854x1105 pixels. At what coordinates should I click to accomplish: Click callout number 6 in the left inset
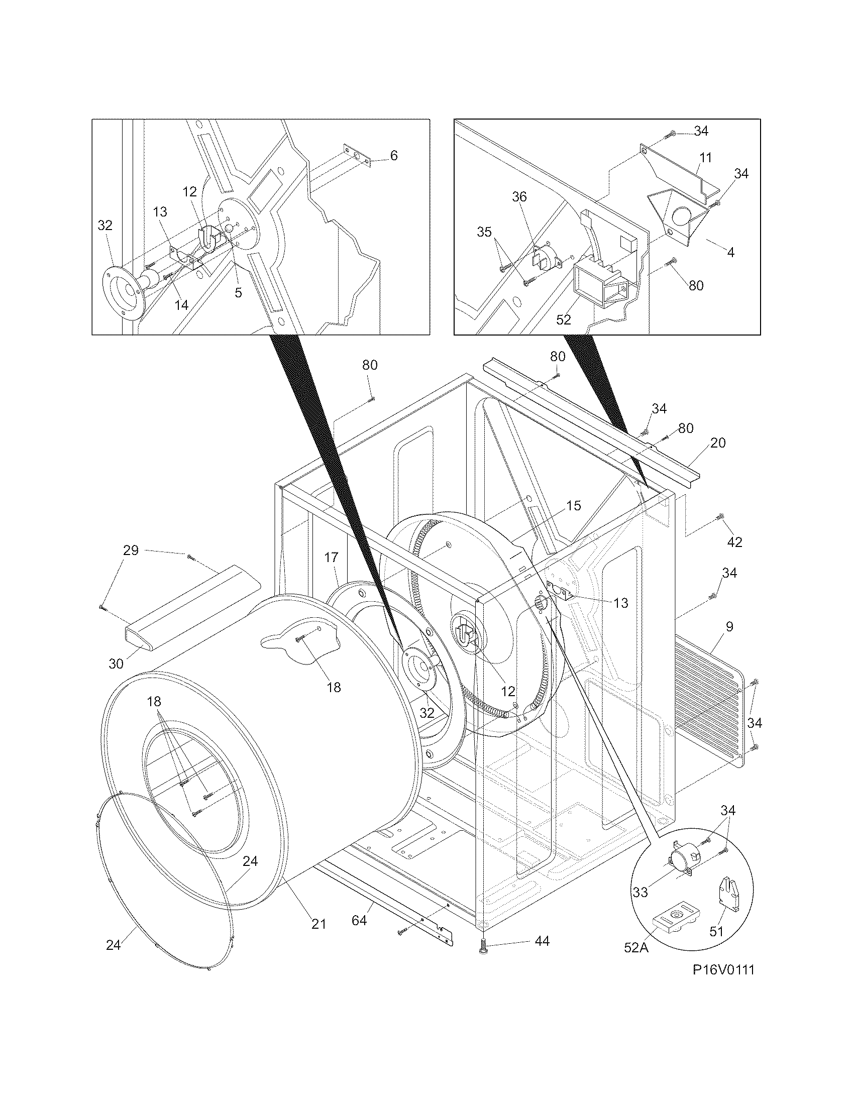[394, 155]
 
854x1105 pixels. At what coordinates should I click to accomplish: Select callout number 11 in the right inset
[705, 158]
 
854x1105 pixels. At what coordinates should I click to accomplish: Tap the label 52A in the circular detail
[636, 947]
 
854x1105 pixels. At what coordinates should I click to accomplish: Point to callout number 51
[716, 931]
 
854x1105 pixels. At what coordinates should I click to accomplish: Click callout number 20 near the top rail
[717, 443]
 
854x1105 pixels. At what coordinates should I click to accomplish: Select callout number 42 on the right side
[734, 542]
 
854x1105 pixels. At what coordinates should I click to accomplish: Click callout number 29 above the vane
[131, 550]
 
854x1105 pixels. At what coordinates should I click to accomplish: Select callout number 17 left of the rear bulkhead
[331, 558]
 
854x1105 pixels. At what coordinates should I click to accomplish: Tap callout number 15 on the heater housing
[573, 505]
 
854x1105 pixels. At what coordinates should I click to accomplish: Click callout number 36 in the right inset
[519, 197]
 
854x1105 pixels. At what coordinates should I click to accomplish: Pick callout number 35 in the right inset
[484, 232]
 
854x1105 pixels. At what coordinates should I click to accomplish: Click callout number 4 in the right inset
[730, 252]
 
